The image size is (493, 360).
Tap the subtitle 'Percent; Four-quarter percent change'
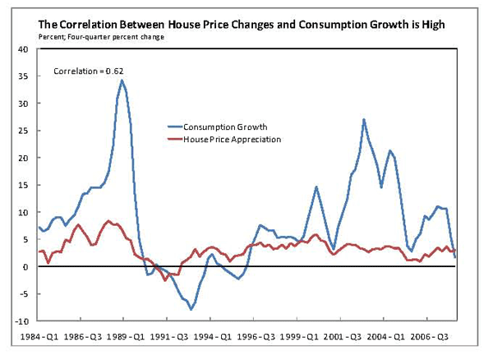pyautogui.click(x=102, y=37)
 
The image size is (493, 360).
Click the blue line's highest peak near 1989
pyautogui.click(x=122, y=80)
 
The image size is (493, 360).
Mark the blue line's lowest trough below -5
pyautogui.click(x=191, y=309)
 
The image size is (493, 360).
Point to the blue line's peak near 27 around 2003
pyautogui.click(x=363, y=119)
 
